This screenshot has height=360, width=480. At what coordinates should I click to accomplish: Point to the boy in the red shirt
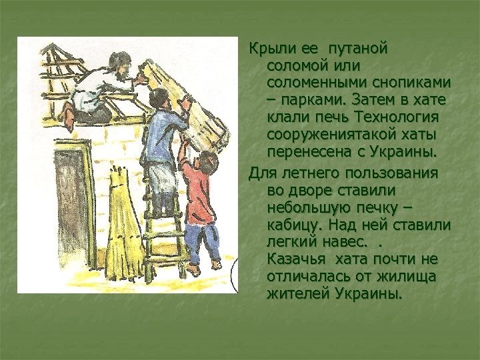[201, 200]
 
